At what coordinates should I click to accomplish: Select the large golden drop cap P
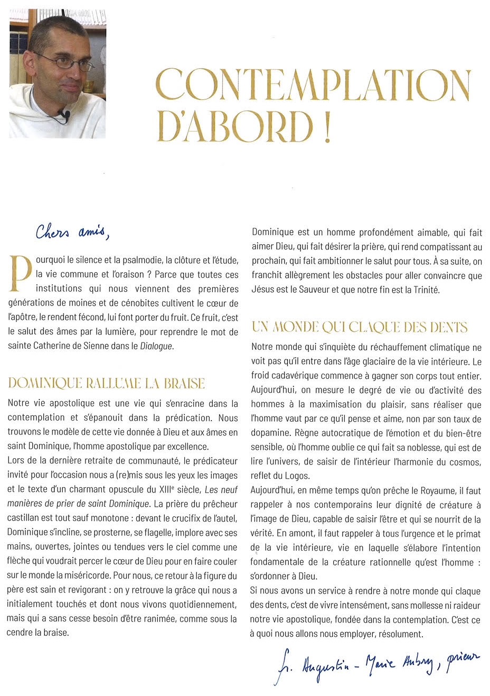pos(21,274)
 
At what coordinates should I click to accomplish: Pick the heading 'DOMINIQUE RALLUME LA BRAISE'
pos(106,384)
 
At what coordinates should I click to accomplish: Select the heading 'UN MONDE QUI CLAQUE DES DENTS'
pos(360,328)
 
